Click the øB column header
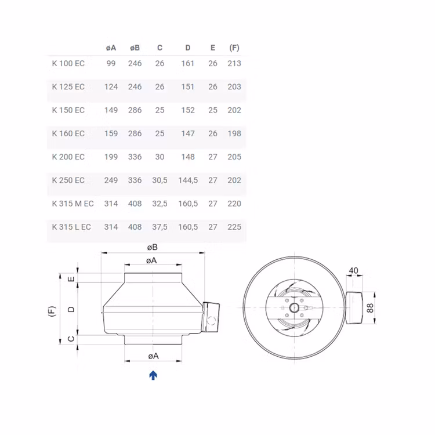click(x=135, y=48)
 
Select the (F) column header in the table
click(x=234, y=48)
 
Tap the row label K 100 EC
click(x=68, y=64)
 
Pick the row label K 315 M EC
click(x=72, y=204)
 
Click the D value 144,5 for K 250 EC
click(x=188, y=180)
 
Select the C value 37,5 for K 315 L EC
click(x=159, y=227)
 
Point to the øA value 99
click(x=111, y=64)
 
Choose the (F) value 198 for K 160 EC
click(x=234, y=134)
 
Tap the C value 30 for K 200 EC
click(x=159, y=157)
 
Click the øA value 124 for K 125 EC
click(x=111, y=87)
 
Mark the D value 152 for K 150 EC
click(x=188, y=110)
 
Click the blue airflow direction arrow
click(x=153, y=375)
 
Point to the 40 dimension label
click(x=353, y=270)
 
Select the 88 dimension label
click(x=370, y=308)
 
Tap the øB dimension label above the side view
click(x=153, y=247)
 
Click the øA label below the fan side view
click(x=153, y=356)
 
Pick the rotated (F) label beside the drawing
click(x=52, y=311)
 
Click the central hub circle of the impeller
click(x=294, y=307)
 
